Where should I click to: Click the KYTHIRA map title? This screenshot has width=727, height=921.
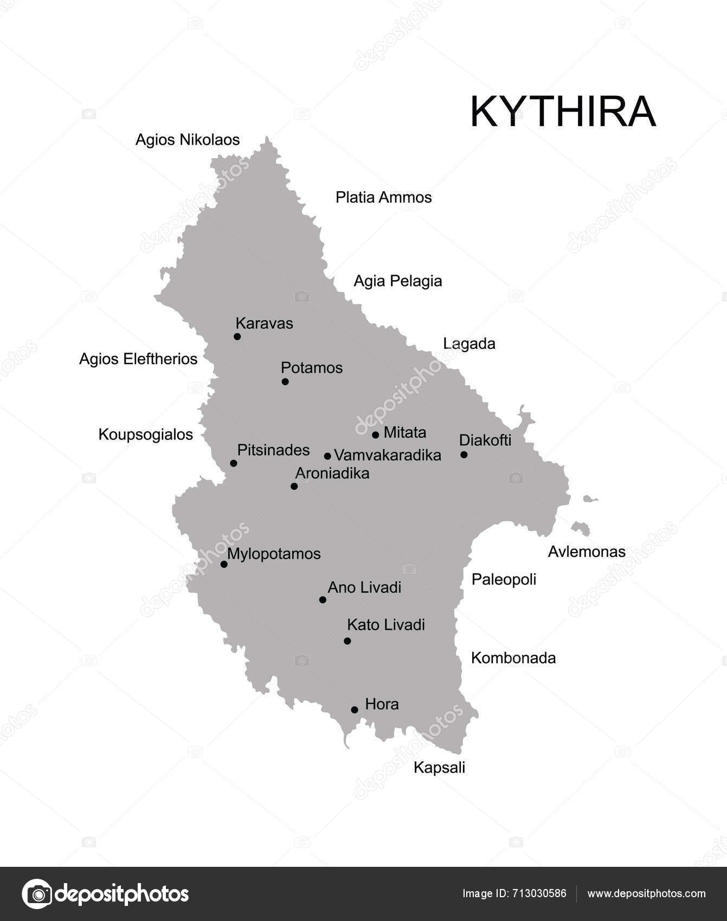point(563,112)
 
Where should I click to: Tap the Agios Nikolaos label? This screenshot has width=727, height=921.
point(188,140)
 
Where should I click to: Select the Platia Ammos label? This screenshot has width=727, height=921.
point(383,197)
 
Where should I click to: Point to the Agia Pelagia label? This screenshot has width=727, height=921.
point(397,281)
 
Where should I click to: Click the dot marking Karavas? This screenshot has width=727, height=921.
point(237,336)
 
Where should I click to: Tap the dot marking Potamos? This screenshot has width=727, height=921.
point(285,381)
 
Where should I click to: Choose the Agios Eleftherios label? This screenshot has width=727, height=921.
point(138,359)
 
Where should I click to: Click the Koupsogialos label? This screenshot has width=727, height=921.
point(145,434)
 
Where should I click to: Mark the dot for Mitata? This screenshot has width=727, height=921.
point(375,434)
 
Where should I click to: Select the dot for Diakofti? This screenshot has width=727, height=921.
point(464,455)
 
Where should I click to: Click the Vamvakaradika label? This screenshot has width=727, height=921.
point(387,455)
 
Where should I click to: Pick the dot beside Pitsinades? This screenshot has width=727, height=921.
point(234,463)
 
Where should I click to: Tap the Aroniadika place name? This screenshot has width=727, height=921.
point(332,474)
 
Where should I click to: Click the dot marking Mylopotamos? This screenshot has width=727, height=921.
point(224,564)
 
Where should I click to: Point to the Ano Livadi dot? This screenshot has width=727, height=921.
point(323,600)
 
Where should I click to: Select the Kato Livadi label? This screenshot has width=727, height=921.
point(385,625)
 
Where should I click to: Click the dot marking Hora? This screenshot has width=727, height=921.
point(355,710)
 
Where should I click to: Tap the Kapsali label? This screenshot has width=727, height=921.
point(439,767)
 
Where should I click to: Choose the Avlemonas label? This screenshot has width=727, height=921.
point(587,552)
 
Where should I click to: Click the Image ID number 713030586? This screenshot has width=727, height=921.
point(541,894)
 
